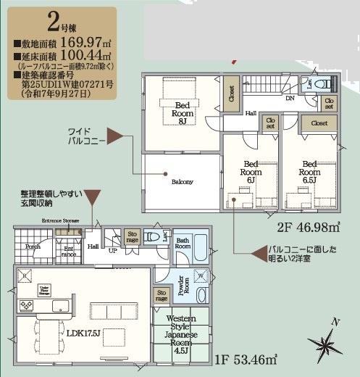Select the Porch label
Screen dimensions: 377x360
[x=32, y=246]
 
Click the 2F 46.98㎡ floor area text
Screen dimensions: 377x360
[x=309, y=226]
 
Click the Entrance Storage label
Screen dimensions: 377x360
[x=61, y=219]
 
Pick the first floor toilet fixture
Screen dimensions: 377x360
[x=151, y=236]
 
